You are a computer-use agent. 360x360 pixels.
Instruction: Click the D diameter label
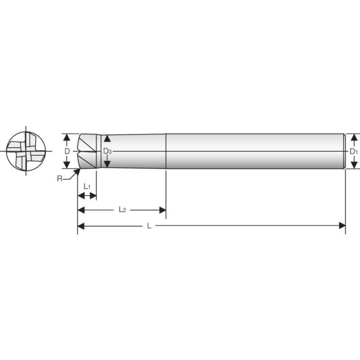67,151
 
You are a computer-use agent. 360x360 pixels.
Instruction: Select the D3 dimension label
107,151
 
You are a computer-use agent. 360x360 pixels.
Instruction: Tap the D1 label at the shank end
354,152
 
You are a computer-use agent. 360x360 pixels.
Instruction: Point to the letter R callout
59,179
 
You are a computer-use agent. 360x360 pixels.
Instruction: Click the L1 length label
87,186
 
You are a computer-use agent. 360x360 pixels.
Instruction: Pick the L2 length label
122,209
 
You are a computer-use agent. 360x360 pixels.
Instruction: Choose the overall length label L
149,226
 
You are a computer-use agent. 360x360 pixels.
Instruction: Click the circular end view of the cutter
26,151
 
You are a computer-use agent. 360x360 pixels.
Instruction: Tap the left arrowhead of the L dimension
81,225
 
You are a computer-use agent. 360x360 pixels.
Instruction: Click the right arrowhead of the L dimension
342,225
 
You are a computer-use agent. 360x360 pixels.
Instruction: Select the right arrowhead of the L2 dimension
163,210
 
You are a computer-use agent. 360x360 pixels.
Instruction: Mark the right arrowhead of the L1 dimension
93,196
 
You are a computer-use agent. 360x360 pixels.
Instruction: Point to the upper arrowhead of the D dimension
67,137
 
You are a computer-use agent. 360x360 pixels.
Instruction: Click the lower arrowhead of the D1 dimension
354,166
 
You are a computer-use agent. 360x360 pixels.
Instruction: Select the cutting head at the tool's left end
89,151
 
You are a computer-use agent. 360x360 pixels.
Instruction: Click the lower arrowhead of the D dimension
67,165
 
